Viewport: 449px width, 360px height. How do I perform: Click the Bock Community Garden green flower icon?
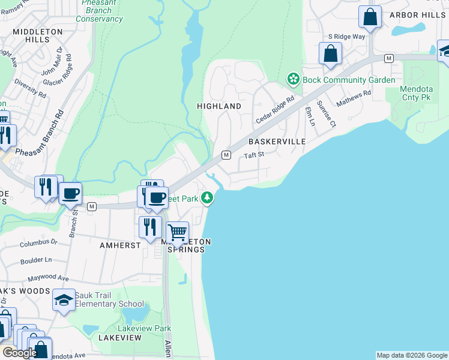point(293,79)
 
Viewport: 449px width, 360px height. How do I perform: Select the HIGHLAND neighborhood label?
point(219,106)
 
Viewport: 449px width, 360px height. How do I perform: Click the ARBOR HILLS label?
point(418,15)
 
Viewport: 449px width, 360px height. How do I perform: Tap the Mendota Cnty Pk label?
point(416,92)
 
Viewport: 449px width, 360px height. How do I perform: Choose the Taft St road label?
point(254,155)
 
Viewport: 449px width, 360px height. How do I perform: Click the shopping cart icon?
point(177,232)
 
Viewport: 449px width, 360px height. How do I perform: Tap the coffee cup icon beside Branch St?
point(70,193)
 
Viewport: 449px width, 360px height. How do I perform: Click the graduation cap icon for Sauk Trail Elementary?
point(64,300)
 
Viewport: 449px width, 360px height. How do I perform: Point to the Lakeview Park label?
point(144,328)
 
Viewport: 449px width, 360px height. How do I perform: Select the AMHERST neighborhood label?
point(121,245)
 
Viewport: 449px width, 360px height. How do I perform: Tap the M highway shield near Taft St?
point(226,155)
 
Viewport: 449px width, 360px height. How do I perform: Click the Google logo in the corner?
point(20,353)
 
